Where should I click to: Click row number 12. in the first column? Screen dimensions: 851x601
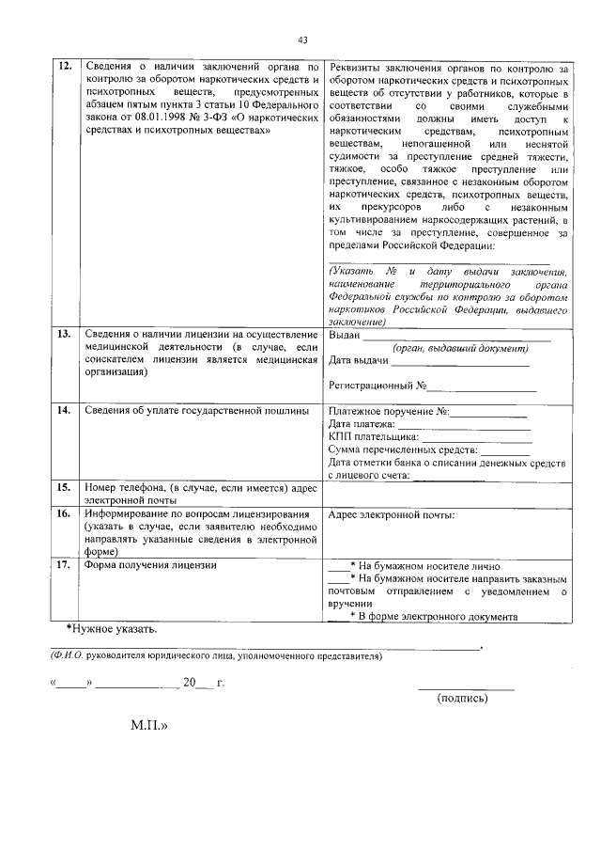click(65, 68)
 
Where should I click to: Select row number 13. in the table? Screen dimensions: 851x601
click(65, 335)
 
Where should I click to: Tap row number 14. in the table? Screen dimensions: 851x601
click(65, 411)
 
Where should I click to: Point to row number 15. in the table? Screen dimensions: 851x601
click(65, 488)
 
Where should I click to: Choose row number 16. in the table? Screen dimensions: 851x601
click(65, 515)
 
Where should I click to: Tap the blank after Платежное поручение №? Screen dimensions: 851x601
click(489, 413)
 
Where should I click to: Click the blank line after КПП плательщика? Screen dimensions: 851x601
click(477, 437)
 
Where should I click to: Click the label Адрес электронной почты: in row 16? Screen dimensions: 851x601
click(392, 515)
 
